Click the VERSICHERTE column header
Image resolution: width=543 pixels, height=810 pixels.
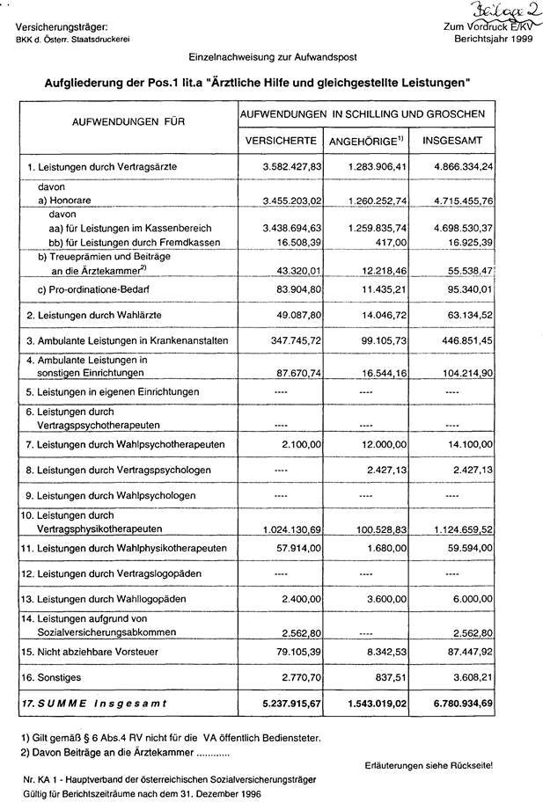tap(280, 141)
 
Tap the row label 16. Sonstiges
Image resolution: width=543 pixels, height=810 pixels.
tap(56, 679)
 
